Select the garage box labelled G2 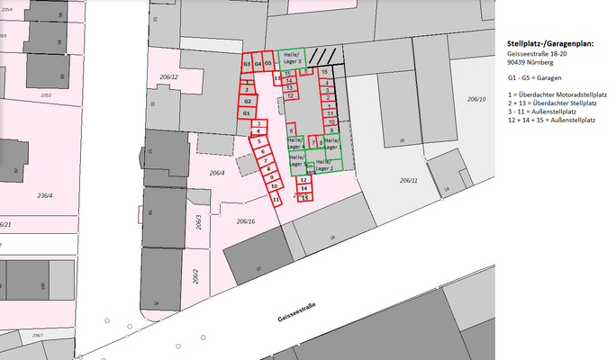246,102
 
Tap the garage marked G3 246,65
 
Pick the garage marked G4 258,65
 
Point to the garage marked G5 268,64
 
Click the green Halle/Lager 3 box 291,57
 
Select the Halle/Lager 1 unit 295,141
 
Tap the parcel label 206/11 410,181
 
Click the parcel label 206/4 216,173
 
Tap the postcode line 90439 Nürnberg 525,63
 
